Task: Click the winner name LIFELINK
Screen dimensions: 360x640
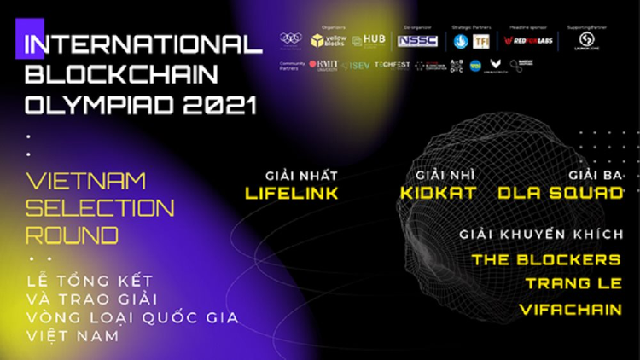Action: pyautogui.click(x=291, y=193)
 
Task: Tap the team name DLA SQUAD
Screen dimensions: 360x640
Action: pyautogui.click(x=560, y=193)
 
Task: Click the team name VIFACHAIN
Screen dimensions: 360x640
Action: pyautogui.click(x=571, y=311)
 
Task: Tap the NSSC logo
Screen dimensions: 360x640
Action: pyautogui.click(x=417, y=40)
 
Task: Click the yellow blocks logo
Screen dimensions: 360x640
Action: pyautogui.click(x=329, y=39)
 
